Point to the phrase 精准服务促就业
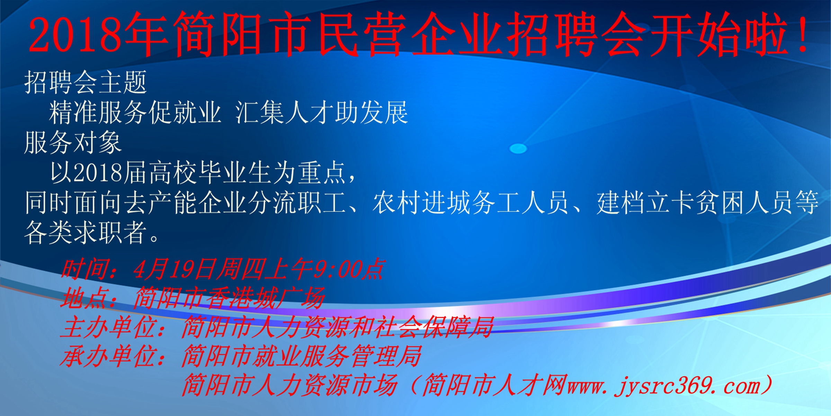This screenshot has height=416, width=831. pos(135,113)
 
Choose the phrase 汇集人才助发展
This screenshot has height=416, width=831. pos(322,113)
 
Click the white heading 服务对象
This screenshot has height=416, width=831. pos(73,142)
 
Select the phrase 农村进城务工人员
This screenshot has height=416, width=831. pos(471,202)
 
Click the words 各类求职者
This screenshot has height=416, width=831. pos(85,232)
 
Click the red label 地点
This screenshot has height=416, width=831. pos(83,298)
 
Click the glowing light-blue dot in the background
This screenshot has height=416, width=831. pos(518,148)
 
